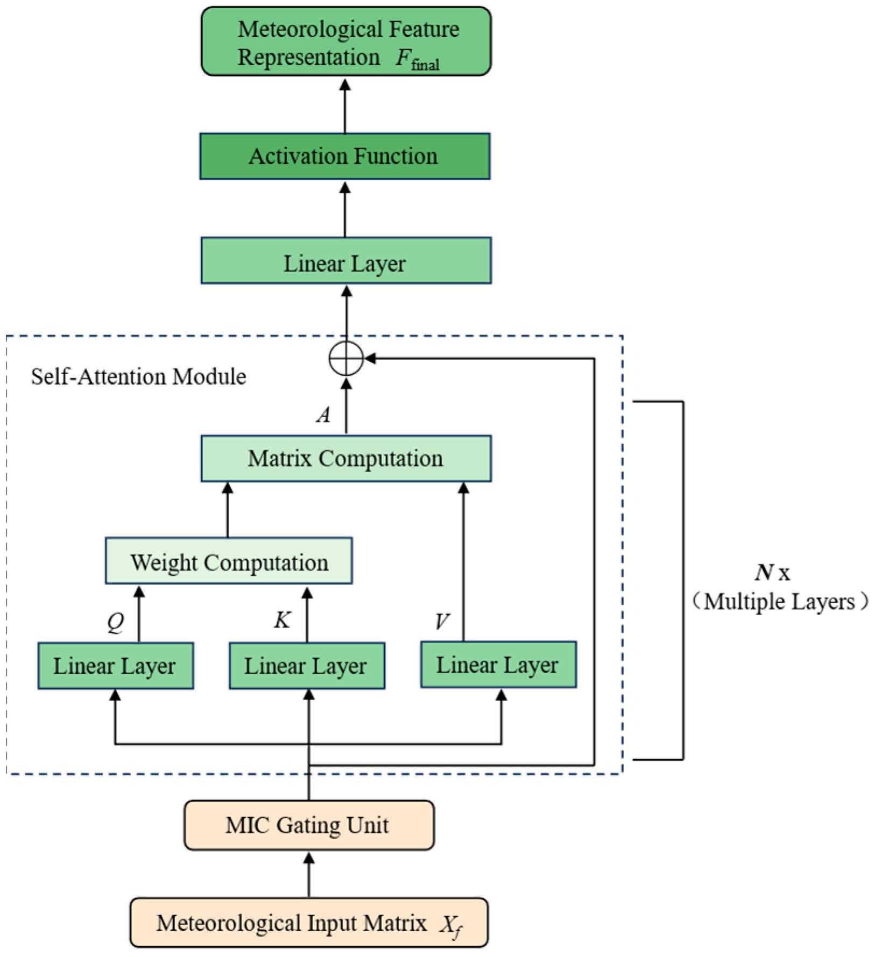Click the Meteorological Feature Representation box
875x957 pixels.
coord(345,41)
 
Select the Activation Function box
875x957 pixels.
coord(344,156)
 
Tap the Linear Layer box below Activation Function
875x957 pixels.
coord(345,261)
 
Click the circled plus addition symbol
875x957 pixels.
coord(346,359)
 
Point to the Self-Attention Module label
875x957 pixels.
coord(138,376)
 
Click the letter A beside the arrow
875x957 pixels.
coord(323,415)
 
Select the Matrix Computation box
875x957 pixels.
coord(345,459)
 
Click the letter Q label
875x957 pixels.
coord(116,622)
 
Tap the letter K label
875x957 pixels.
coord(282,620)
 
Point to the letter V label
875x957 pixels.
coord(441,622)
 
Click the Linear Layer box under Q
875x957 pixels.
coord(115,666)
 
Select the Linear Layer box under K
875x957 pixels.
coord(307,666)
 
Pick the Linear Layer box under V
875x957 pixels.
coord(498,665)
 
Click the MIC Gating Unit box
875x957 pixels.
coord(308,825)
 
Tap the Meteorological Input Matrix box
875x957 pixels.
coord(308,923)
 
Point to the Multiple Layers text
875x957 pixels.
coord(779,602)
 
